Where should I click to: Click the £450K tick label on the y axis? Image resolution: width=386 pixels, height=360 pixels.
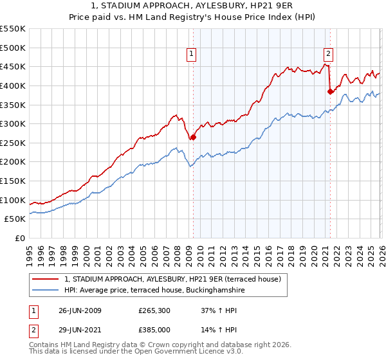coord(13,66)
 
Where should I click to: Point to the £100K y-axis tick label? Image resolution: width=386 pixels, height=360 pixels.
coord(13,200)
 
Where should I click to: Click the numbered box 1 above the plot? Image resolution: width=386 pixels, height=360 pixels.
coord(192,54)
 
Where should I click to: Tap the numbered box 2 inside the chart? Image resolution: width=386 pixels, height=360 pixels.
coord(328,54)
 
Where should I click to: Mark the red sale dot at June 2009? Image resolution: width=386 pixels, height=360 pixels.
coord(193,137)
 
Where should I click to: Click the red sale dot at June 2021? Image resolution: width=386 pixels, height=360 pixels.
coord(330,91)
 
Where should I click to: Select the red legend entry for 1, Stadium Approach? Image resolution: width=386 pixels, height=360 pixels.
coord(172,279)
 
